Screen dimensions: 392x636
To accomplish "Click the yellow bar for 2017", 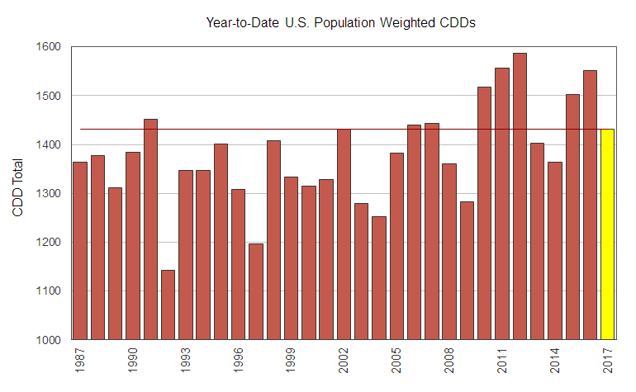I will tap(607, 234).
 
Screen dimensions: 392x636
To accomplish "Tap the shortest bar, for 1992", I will tap(168, 305).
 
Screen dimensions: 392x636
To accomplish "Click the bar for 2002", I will tap(344, 234).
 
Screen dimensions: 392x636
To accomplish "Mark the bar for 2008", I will tap(449, 252).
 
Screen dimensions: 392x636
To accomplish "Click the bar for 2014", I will tap(554, 251).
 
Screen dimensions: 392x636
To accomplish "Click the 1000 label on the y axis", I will tap(49, 340).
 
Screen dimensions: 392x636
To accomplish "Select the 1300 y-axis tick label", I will tap(49, 194).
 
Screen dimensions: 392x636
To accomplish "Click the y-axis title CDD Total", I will tap(18, 194).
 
